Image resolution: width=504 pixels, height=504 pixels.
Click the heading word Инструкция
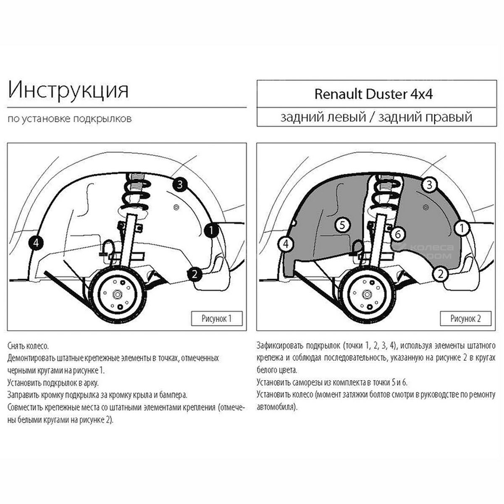[x=68, y=90]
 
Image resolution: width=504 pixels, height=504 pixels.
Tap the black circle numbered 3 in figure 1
[x=179, y=184]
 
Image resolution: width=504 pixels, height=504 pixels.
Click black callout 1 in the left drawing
[x=211, y=230]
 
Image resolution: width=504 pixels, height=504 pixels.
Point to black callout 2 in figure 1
[x=194, y=274]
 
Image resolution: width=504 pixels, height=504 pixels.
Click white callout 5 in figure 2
[x=342, y=225]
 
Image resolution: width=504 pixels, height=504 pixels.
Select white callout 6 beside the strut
[x=398, y=234]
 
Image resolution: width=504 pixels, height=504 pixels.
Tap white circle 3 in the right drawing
[x=429, y=184]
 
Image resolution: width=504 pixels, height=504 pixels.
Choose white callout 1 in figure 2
[x=462, y=228]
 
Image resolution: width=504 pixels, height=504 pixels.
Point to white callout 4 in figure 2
[x=286, y=243]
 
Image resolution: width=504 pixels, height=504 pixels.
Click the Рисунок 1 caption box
[x=216, y=318]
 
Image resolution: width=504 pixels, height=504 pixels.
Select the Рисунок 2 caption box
[x=465, y=318]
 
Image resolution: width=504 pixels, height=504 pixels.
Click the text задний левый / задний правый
[x=376, y=117]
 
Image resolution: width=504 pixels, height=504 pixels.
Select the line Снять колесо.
[x=28, y=346]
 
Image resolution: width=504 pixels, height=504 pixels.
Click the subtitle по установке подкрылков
[x=70, y=119]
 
